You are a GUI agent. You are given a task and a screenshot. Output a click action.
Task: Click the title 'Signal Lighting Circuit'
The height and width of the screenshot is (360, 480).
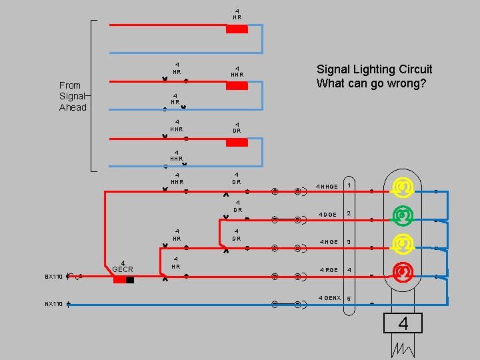click(374, 69)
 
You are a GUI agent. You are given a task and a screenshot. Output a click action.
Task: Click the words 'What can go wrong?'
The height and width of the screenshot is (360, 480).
click(371, 83)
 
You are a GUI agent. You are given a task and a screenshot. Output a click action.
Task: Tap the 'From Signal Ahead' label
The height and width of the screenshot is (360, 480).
click(73, 96)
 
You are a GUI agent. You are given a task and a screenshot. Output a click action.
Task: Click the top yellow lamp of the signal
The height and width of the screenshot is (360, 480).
click(402, 187)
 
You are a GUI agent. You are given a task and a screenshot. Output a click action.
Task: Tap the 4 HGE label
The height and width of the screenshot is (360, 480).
click(329, 242)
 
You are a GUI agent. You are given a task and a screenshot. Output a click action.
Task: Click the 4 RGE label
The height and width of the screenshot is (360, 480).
click(329, 270)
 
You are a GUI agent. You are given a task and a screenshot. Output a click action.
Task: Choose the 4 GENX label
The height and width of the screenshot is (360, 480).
click(329, 297)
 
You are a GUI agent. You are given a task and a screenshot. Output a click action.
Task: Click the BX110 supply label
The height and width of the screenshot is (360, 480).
click(53, 276)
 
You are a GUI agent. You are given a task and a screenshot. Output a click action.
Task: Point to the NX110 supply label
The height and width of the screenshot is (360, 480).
click(53, 304)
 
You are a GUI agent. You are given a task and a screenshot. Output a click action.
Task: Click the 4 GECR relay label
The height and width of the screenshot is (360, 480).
click(123, 266)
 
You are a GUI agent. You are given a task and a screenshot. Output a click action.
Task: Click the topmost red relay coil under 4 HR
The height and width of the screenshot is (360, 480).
click(237, 29)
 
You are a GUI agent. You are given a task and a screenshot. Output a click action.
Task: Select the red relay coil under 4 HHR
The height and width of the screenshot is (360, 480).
click(237, 86)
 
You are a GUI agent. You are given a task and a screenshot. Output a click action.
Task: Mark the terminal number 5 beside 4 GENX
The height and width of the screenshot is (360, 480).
click(349, 298)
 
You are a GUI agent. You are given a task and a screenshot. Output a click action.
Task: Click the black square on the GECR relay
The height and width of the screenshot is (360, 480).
click(130, 280)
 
